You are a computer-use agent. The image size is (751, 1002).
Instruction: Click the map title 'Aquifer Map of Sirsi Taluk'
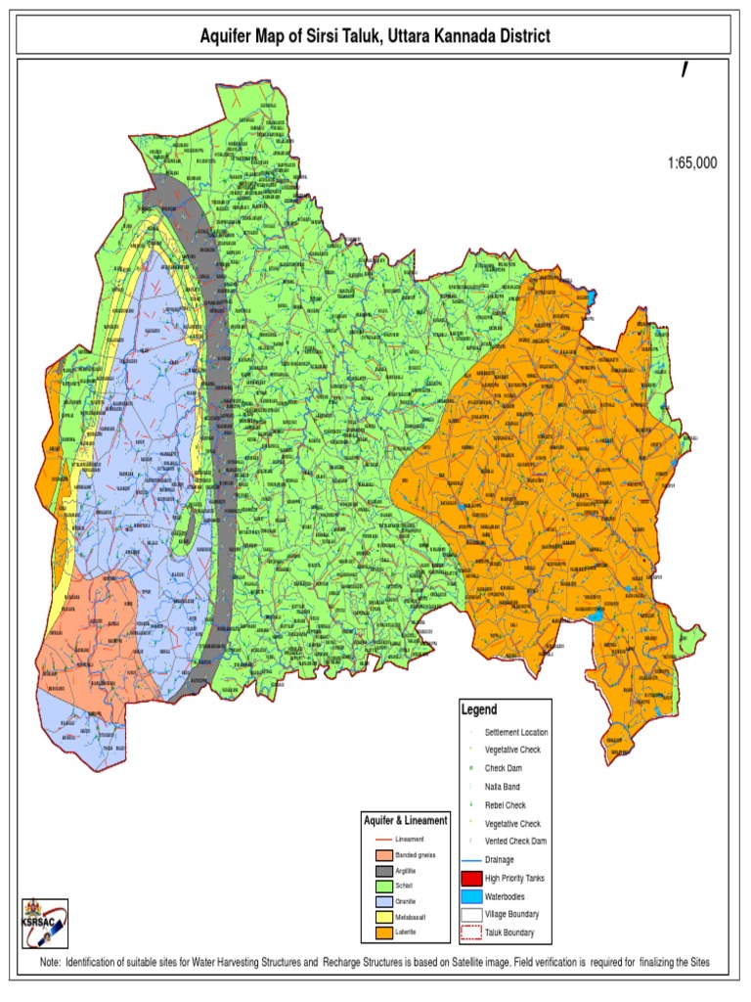[x=375, y=36]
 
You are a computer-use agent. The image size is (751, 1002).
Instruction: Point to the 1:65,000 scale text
[x=685, y=163]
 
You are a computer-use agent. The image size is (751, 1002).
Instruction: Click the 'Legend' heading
[x=479, y=709]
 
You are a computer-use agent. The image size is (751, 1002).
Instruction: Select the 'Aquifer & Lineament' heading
[x=405, y=820]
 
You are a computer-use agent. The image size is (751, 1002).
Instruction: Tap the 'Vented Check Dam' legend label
[x=515, y=842]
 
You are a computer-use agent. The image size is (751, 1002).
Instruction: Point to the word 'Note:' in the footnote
[x=51, y=964]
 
